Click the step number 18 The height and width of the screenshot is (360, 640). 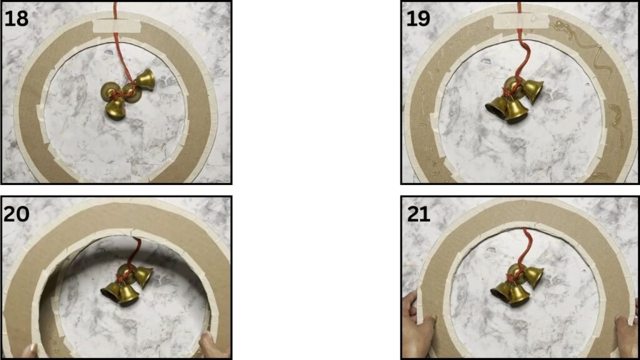click(x=16, y=18)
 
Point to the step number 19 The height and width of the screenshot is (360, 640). click(x=418, y=18)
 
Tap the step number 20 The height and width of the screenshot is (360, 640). click(x=16, y=214)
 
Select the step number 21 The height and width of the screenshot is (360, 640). click(x=418, y=214)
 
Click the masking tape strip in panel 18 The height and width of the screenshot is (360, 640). click(x=117, y=26)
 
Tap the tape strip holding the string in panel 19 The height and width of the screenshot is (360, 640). click(x=521, y=21)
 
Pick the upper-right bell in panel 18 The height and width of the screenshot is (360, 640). click(x=145, y=79)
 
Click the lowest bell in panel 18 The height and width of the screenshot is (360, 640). click(x=115, y=109)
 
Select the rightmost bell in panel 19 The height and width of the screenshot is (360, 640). click(x=532, y=91)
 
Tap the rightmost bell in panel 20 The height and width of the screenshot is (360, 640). click(x=143, y=276)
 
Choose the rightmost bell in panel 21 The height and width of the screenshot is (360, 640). click(x=533, y=277)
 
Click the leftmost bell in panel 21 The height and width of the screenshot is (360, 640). click(x=501, y=291)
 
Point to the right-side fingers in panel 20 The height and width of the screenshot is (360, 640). click(x=213, y=344)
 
